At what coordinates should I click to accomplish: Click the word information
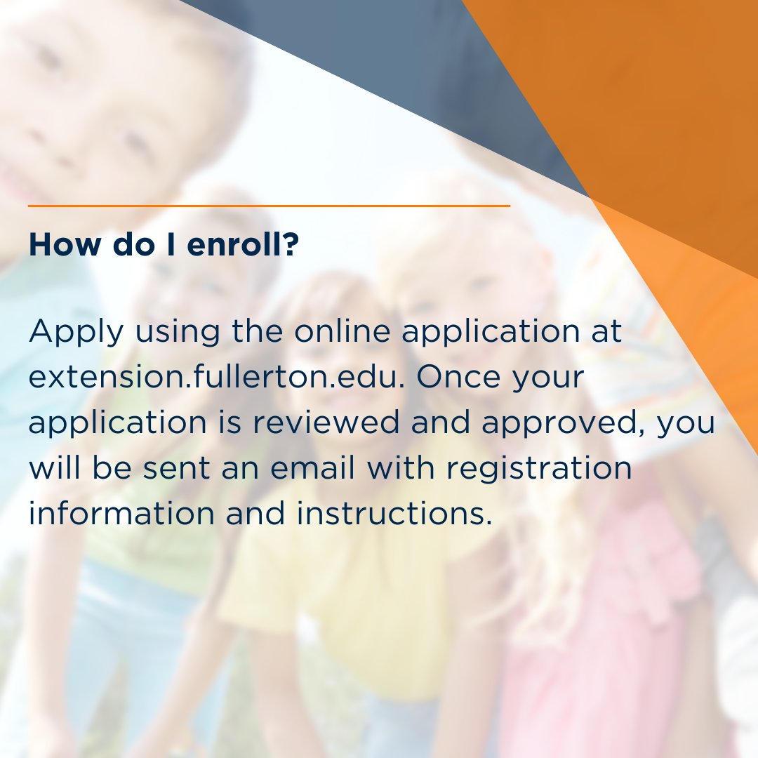pyautogui.click(x=121, y=513)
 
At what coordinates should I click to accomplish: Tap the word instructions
pyautogui.click(x=393, y=513)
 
